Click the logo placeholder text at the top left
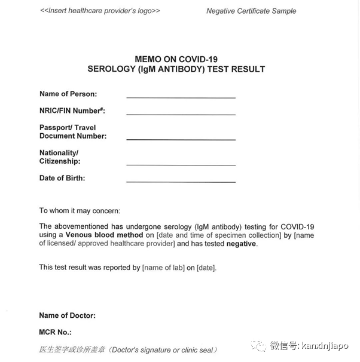coord(100,11)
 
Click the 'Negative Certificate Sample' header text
coord(251,11)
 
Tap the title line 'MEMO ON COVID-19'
coord(176,59)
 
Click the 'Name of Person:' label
coord(68,94)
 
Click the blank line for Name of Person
coord(181,96)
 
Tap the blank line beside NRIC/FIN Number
coord(181,113)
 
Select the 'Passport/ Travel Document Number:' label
coord(73,131)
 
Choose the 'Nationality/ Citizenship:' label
coord(60,157)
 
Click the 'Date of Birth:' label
coord(62,178)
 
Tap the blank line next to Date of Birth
coord(181,180)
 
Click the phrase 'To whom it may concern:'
coord(80,210)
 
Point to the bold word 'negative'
coord(241,244)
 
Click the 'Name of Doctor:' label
coord(68,315)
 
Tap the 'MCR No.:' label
coord(56,332)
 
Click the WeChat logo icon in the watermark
coord(260,346)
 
